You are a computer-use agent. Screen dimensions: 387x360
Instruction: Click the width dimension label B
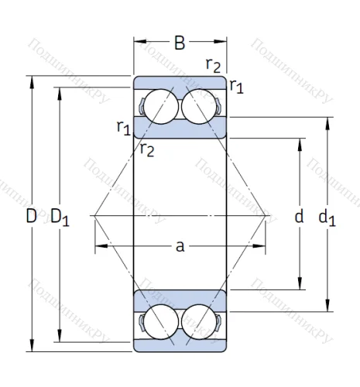tap(180, 43)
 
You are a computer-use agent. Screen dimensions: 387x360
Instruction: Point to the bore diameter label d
tap(299, 217)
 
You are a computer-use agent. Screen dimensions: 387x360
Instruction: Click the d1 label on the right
tap(327, 218)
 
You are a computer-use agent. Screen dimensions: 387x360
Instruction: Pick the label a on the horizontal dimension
tap(180, 246)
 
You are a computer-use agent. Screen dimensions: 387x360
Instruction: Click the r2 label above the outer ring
tap(214, 65)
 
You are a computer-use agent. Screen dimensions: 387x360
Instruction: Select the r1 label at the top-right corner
tap(236, 86)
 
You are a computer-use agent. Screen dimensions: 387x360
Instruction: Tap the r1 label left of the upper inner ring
tap(123, 127)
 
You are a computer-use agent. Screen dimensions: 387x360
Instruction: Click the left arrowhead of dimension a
tap(98, 247)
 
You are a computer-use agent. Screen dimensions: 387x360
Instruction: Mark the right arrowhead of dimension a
tap(262, 247)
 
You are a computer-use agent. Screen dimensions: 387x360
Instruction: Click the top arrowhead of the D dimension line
tap(32, 79)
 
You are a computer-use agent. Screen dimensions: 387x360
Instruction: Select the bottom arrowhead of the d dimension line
tap(300, 284)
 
